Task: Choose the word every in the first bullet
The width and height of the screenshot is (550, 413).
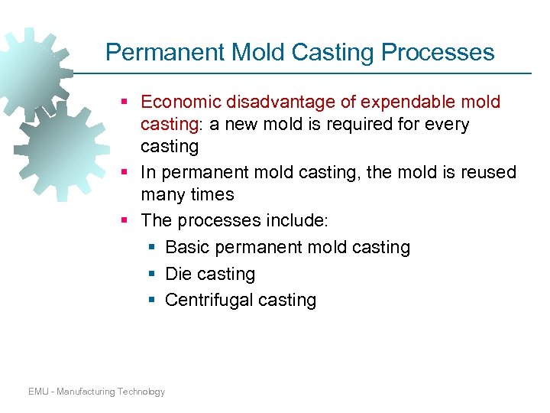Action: [x=448, y=124]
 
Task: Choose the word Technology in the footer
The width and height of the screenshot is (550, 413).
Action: [x=141, y=392]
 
